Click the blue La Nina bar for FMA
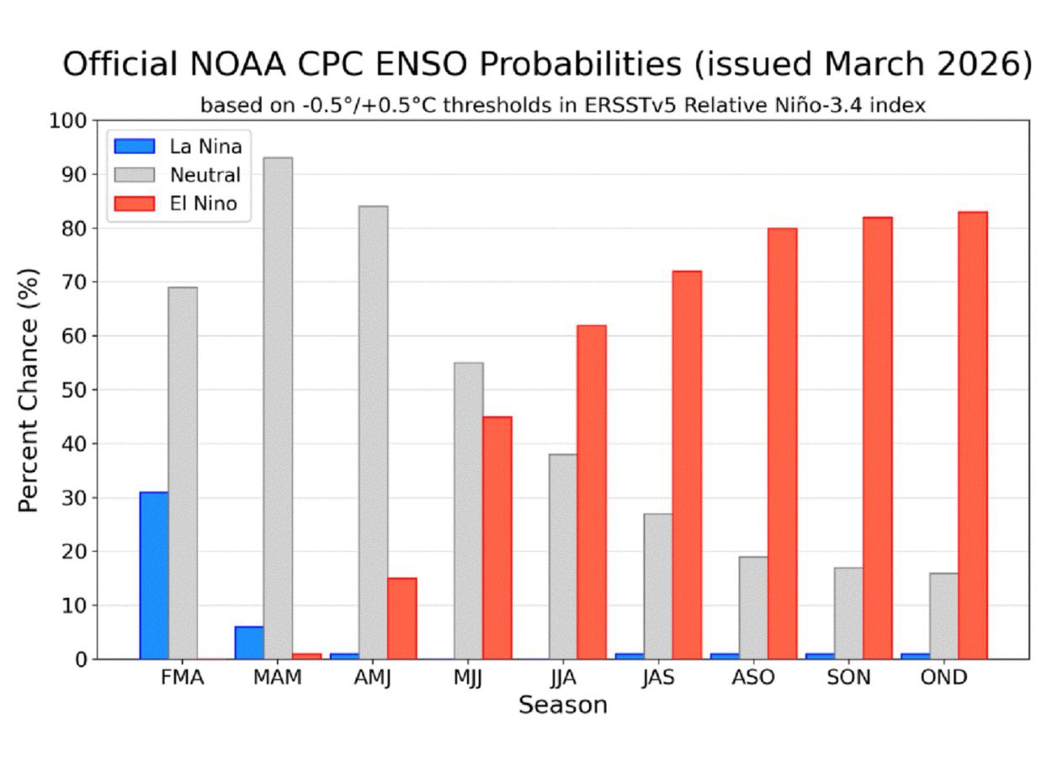pyautogui.click(x=154, y=575)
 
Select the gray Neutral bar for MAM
pyautogui.click(x=278, y=408)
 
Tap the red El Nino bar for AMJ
pyautogui.click(x=401, y=618)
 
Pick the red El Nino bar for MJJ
pyautogui.click(x=497, y=537)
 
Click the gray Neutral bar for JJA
pyautogui.click(x=563, y=556)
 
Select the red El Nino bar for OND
pyautogui.click(x=972, y=435)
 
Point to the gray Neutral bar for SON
pyautogui.click(x=848, y=613)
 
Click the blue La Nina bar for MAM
pyautogui.click(x=249, y=643)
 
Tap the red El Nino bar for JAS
pyautogui.click(x=687, y=464)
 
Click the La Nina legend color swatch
pyautogui.click(x=135, y=146)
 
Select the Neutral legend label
pyautogui.click(x=204, y=175)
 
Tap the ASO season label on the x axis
pyautogui.click(x=753, y=678)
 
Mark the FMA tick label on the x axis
pyautogui.click(x=182, y=678)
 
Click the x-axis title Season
pyautogui.click(x=562, y=705)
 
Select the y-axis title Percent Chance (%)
pyautogui.click(x=29, y=389)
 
